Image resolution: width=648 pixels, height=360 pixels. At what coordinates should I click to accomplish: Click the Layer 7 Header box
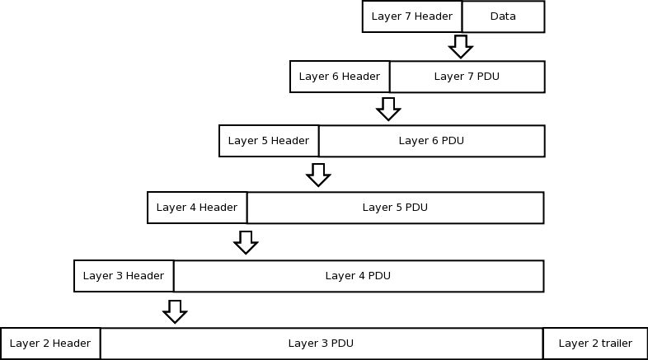pyautogui.click(x=412, y=16)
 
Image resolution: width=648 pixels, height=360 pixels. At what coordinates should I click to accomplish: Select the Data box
pyautogui.click(x=503, y=16)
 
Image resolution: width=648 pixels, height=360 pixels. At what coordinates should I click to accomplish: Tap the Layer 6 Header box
pyautogui.click(x=340, y=77)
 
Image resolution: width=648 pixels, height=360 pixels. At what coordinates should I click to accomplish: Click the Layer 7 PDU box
pyautogui.click(x=467, y=77)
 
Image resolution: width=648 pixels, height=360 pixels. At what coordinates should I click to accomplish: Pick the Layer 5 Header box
pyautogui.click(x=269, y=141)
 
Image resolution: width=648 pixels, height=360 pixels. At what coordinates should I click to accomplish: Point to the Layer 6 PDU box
pyautogui.click(x=431, y=141)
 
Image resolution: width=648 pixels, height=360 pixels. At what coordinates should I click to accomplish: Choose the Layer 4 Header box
pyautogui.click(x=197, y=208)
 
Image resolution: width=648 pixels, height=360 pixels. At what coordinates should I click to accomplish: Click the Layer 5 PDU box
pyautogui.click(x=395, y=208)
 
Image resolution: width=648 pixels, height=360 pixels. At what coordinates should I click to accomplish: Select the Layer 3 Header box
pyautogui.click(x=124, y=276)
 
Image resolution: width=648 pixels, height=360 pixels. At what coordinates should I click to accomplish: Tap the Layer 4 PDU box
pyautogui.click(x=358, y=276)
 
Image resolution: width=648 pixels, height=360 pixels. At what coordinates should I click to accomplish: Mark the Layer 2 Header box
pyautogui.click(x=51, y=344)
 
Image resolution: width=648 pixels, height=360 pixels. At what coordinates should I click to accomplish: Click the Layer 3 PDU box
pyautogui.click(x=322, y=344)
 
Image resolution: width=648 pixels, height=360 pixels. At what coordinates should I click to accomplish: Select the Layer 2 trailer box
pyautogui.click(x=595, y=344)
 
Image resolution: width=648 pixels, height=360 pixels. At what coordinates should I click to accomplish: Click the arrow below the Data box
pyautogui.click(x=461, y=46)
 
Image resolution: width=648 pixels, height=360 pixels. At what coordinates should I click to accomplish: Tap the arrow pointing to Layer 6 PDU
pyautogui.click(x=388, y=108)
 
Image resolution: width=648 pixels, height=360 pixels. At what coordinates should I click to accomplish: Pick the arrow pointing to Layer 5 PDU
pyautogui.click(x=317, y=174)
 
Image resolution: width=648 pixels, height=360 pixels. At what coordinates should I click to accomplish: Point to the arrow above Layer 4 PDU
pyautogui.click(x=245, y=241)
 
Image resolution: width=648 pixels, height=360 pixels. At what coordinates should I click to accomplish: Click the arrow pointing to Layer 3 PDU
pyautogui.click(x=174, y=311)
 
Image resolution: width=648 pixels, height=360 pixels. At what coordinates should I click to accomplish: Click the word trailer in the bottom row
pyautogui.click(x=615, y=344)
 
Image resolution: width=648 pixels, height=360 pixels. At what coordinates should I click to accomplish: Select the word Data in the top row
pyautogui.click(x=503, y=16)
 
